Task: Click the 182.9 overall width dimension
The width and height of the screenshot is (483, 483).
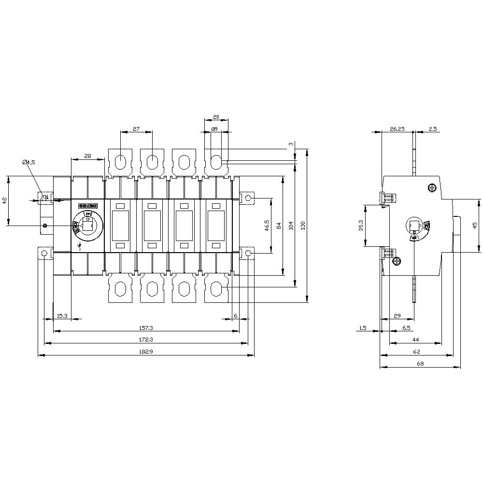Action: [x=145, y=352]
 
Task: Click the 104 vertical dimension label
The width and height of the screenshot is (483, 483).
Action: [x=291, y=225]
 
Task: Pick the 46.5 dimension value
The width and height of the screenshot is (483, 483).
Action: [x=267, y=225]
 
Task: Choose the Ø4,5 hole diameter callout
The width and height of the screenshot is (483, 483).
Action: [x=28, y=162]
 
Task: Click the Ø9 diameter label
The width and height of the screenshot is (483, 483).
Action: [x=214, y=129]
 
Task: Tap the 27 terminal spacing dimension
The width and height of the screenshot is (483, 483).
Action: [x=136, y=129]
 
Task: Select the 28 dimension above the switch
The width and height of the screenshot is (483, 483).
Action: [x=87, y=156]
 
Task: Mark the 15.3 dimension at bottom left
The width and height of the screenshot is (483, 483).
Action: [x=62, y=316]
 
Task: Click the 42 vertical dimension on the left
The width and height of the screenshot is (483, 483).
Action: [x=5, y=200]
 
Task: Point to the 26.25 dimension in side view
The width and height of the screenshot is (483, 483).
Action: [x=397, y=129]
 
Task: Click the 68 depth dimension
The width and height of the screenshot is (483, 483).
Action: [x=420, y=364]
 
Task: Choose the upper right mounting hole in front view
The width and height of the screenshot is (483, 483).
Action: [x=248, y=198]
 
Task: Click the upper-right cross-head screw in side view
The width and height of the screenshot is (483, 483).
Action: [x=432, y=188]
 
